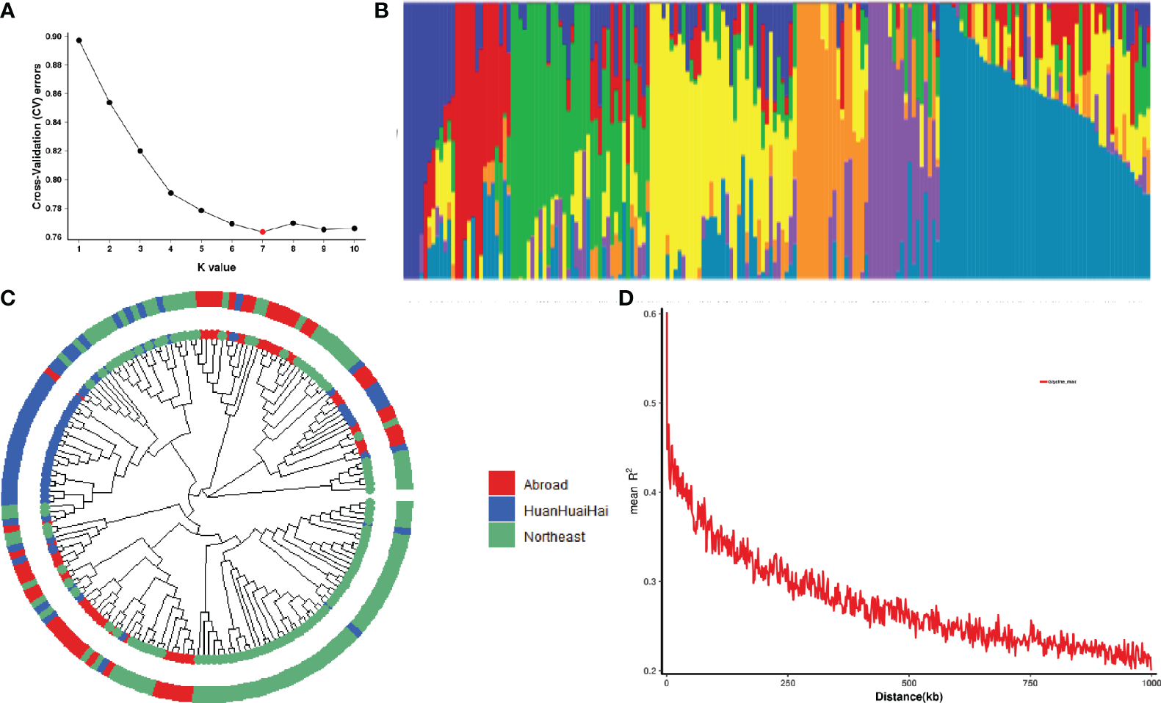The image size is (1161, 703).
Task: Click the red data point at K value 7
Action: pyautogui.click(x=262, y=231)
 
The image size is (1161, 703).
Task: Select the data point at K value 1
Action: pyautogui.click(x=79, y=40)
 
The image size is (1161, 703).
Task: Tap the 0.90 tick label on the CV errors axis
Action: pyautogui.click(x=54, y=36)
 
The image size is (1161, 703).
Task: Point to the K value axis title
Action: pyautogui.click(x=217, y=267)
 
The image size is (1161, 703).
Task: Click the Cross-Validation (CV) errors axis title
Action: pyautogui.click(x=37, y=136)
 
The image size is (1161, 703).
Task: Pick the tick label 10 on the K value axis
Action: pyautogui.click(x=354, y=249)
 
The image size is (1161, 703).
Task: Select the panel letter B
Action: pyautogui.click(x=381, y=10)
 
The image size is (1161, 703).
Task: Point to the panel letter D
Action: pyautogui.click(x=626, y=298)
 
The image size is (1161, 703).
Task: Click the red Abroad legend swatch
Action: pyautogui.click(x=502, y=483)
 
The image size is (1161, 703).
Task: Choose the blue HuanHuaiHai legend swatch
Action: pyautogui.click(x=502, y=509)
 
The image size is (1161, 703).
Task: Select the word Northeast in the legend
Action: pyautogui.click(x=554, y=537)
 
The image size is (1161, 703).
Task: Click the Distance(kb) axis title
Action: pyautogui.click(x=908, y=696)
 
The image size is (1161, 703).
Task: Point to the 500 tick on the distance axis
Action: pyautogui.click(x=908, y=682)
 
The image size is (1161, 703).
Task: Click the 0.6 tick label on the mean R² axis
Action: pyautogui.click(x=650, y=314)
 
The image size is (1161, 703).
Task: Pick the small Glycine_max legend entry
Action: pyautogui.click(x=1058, y=382)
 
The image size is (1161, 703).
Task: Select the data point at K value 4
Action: pyautogui.click(x=170, y=193)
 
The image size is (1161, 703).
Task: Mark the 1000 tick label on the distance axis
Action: pyautogui.click(x=1151, y=682)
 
